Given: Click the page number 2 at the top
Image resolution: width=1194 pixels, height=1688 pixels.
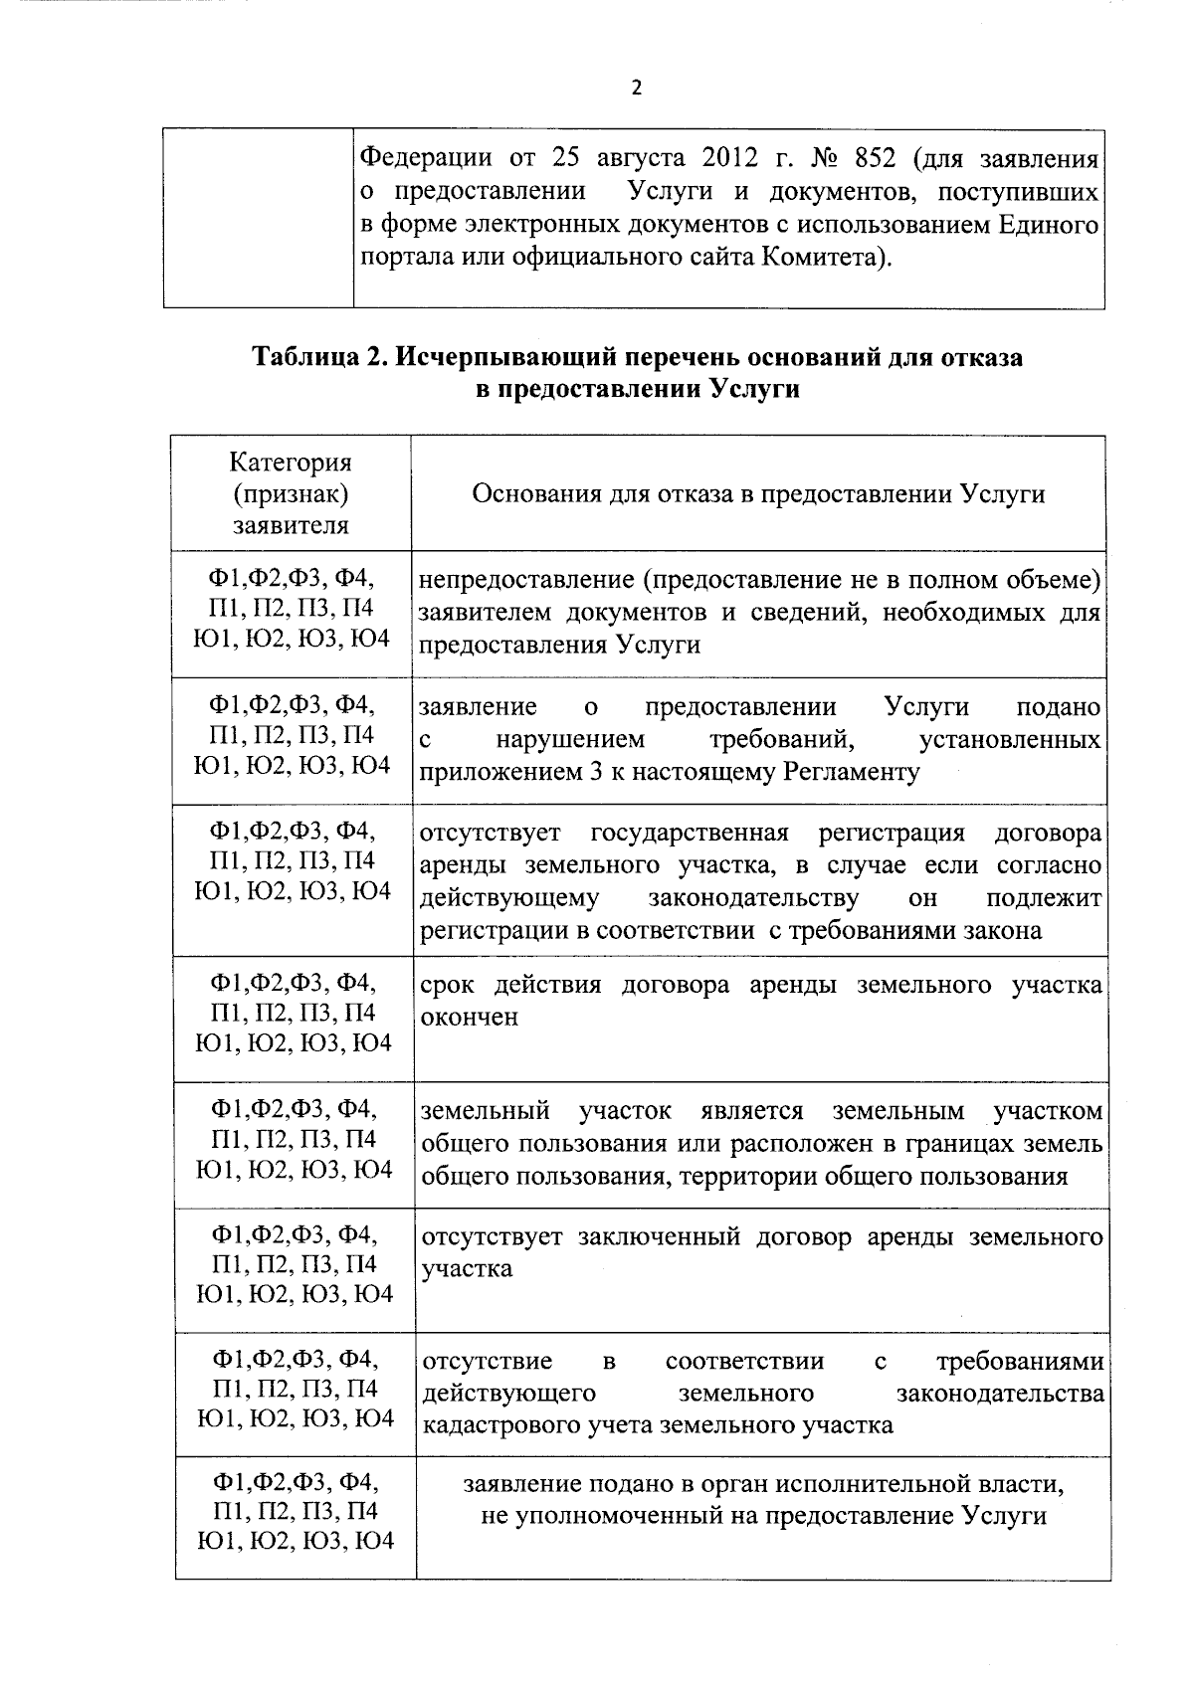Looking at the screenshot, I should coord(636,89).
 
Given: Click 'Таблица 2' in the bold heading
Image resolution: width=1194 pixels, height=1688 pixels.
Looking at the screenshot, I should coord(313,357).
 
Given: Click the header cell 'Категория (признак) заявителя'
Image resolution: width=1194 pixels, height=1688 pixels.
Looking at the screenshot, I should coord(291,493).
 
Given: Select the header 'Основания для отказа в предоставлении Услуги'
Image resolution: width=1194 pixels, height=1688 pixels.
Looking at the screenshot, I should coord(758,493).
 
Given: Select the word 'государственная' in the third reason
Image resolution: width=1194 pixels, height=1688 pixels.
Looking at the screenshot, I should coord(690,833).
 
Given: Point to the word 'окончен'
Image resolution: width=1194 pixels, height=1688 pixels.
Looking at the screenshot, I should coord(470,1017).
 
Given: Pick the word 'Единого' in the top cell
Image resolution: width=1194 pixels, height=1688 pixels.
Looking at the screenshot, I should coord(1057,225).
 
